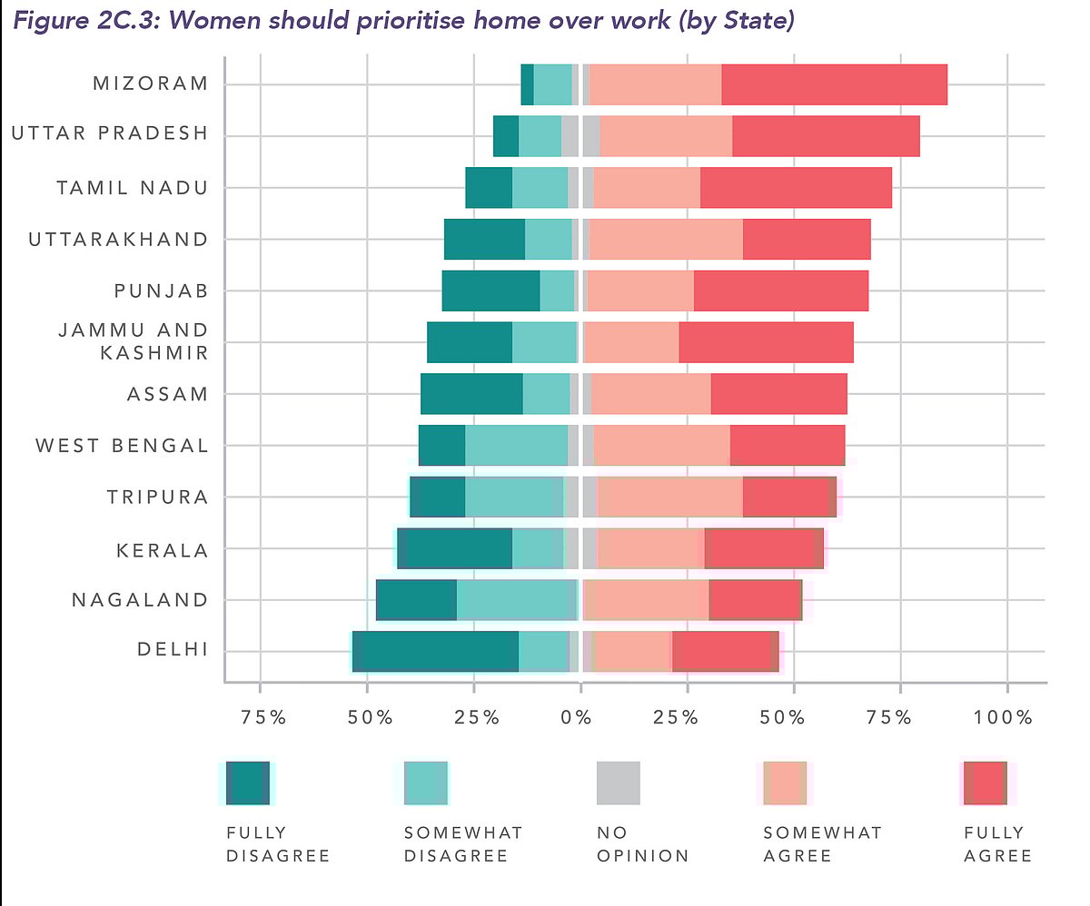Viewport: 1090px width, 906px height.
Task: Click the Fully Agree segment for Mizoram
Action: click(x=834, y=84)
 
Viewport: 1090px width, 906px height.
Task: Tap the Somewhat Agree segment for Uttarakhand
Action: click(x=666, y=240)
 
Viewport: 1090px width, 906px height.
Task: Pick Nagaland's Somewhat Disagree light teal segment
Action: click(x=514, y=600)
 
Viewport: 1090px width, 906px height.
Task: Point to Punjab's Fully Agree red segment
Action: click(x=781, y=291)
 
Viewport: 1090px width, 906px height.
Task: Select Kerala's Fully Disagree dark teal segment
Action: click(x=454, y=549)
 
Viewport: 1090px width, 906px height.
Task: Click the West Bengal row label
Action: click(x=122, y=446)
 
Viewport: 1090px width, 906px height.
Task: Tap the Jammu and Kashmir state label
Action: click(x=134, y=340)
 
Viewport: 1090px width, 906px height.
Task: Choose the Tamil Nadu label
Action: click(x=132, y=188)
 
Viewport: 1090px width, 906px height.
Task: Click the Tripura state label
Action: click(x=157, y=497)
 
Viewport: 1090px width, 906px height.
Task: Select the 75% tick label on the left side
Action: click(x=261, y=718)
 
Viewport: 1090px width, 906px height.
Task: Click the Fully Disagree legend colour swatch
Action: click(x=248, y=783)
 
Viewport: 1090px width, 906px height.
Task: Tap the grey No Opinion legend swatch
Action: click(x=618, y=783)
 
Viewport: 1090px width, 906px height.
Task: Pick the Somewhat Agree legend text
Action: click(x=822, y=844)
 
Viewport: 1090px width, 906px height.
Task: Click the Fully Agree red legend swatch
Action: click(x=985, y=783)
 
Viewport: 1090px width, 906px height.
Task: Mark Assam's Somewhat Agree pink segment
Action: click(x=650, y=394)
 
